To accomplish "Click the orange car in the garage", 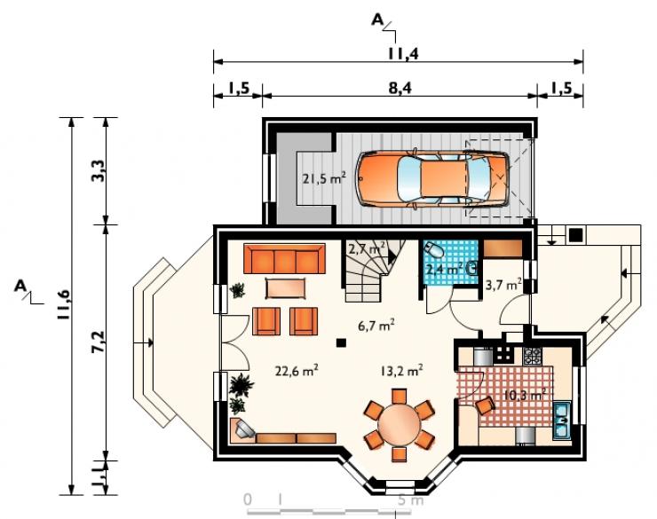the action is tap(432, 179).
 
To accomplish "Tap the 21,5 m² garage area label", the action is tap(324, 178).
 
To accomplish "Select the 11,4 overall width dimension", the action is tap(403, 53).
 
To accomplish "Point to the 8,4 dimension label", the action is tap(400, 88).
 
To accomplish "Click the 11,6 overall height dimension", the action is tap(65, 304).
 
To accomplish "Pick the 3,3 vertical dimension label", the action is tap(99, 170).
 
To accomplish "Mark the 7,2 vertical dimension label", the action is tap(99, 342).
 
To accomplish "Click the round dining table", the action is tap(399, 425).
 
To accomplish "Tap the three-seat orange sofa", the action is tap(285, 259).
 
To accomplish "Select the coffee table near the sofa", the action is tap(285, 289).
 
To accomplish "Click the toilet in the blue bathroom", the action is tap(433, 250).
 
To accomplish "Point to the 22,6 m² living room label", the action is tap(297, 371).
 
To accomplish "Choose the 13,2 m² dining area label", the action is tap(401, 371).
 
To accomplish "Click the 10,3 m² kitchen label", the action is tap(525, 395).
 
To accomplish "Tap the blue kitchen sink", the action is tap(561, 420).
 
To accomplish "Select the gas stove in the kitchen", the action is tap(532, 356).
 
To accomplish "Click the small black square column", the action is tap(342, 342).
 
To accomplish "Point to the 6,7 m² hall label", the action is tap(376, 326).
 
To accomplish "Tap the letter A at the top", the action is tap(377, 20).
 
